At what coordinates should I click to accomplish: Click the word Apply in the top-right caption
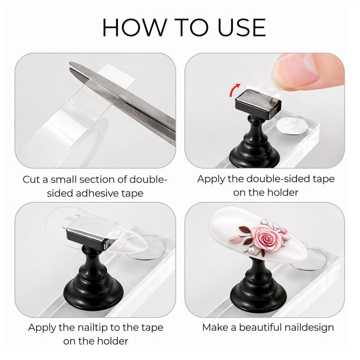pyautogui.click(x=211, y=180)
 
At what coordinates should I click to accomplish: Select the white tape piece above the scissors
pyautogui.click(x=115, y=74)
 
